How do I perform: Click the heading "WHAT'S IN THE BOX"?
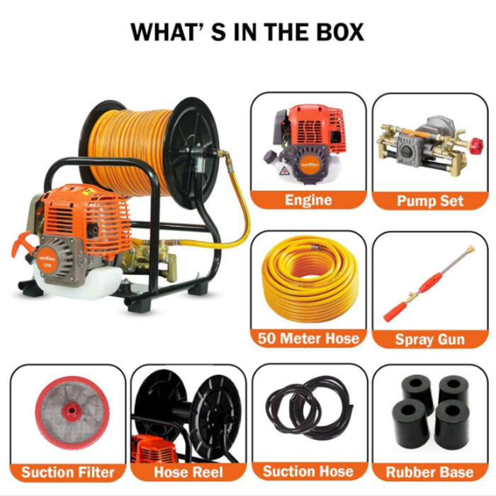(247, 32)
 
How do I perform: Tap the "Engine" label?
(308, 200)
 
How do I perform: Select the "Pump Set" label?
(430, 201)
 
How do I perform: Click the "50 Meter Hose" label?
(308, 339)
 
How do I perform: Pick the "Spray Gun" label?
(430, 339)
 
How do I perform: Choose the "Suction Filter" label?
(67, 472)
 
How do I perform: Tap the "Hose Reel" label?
(188, 472)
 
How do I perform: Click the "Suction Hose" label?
(308, 471)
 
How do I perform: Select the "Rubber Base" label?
(430, 472)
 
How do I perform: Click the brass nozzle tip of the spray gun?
(468, 252)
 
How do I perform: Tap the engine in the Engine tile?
(308, 142)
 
